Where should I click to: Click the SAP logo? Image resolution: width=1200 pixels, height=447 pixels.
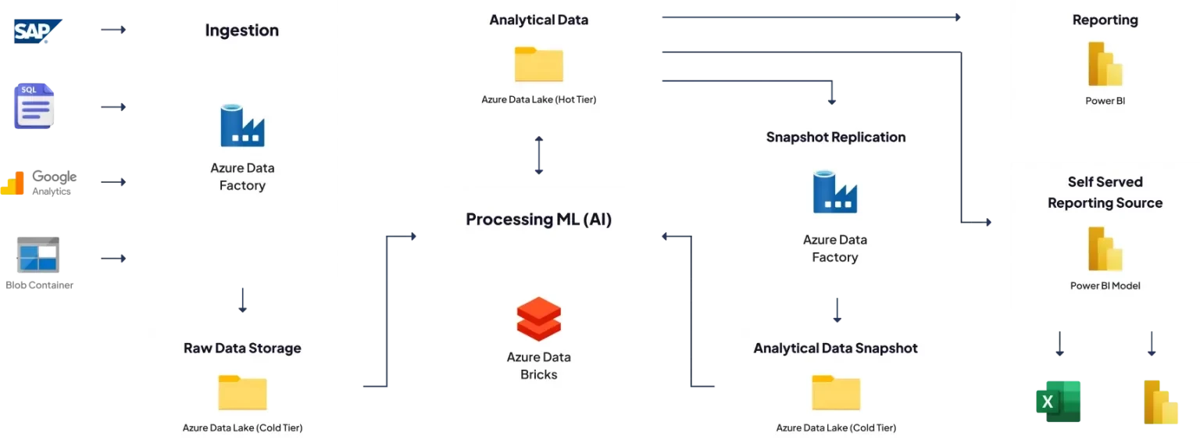tap(37, 31)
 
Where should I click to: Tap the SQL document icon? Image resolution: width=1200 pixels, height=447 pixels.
tap(34, 106)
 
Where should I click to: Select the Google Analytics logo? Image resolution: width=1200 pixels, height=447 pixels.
tap(38, 183)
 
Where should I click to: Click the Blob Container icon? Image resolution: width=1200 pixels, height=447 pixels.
tap(38, 255)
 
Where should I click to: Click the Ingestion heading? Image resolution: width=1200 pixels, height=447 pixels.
tap(242, 30)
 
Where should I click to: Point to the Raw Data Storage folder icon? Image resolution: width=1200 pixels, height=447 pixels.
tap(242, 392)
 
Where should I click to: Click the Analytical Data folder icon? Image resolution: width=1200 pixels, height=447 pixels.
tap(539, 64)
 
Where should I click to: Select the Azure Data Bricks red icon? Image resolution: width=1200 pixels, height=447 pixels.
tap(539, 319)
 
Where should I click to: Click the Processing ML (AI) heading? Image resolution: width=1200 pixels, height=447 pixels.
tap(539, 220)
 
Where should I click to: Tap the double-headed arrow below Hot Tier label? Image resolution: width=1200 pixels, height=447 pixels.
tap(539, 155)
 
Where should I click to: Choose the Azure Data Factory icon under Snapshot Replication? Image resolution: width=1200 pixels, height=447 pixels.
tap(835, 192)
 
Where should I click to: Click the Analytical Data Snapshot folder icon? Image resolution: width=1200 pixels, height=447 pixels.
tap(836, 392)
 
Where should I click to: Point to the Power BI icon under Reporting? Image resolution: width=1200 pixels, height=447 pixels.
tap(1105, 64)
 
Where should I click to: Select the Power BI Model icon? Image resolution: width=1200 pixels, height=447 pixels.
tap(1105, 249)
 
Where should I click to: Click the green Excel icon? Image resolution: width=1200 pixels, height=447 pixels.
tap(1058, 402)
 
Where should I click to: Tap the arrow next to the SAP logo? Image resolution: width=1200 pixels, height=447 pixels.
tap(113, 30)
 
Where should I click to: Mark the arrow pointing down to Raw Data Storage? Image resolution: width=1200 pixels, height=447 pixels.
tap(243, 300)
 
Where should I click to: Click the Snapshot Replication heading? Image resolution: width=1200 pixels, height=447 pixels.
tap(836, 138)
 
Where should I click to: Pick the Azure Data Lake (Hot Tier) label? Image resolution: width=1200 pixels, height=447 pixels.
tap(539, 100)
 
